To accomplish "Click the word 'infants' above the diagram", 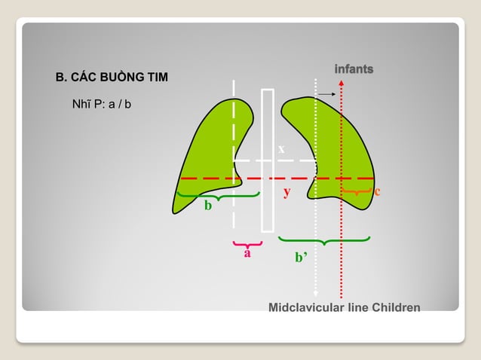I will tap(354, 69).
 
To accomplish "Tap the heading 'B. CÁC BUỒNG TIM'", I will tap(112, 78).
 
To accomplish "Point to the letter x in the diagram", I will tap(281, 149).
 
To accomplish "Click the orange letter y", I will tap(286, 192).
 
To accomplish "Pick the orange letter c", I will tap(377, 191).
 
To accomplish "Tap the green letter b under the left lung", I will tap(207, 206).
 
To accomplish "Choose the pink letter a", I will tap(247, 254).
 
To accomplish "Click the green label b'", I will tap(301, 258).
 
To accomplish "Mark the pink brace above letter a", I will tap(247, 243).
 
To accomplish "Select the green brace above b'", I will tap(324, 240).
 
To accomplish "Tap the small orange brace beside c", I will tap(355, 194).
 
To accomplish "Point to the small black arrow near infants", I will tap(326, 94).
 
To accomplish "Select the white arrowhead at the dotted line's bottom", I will tap(315, 294).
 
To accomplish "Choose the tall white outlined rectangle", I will tap(268, 160).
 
